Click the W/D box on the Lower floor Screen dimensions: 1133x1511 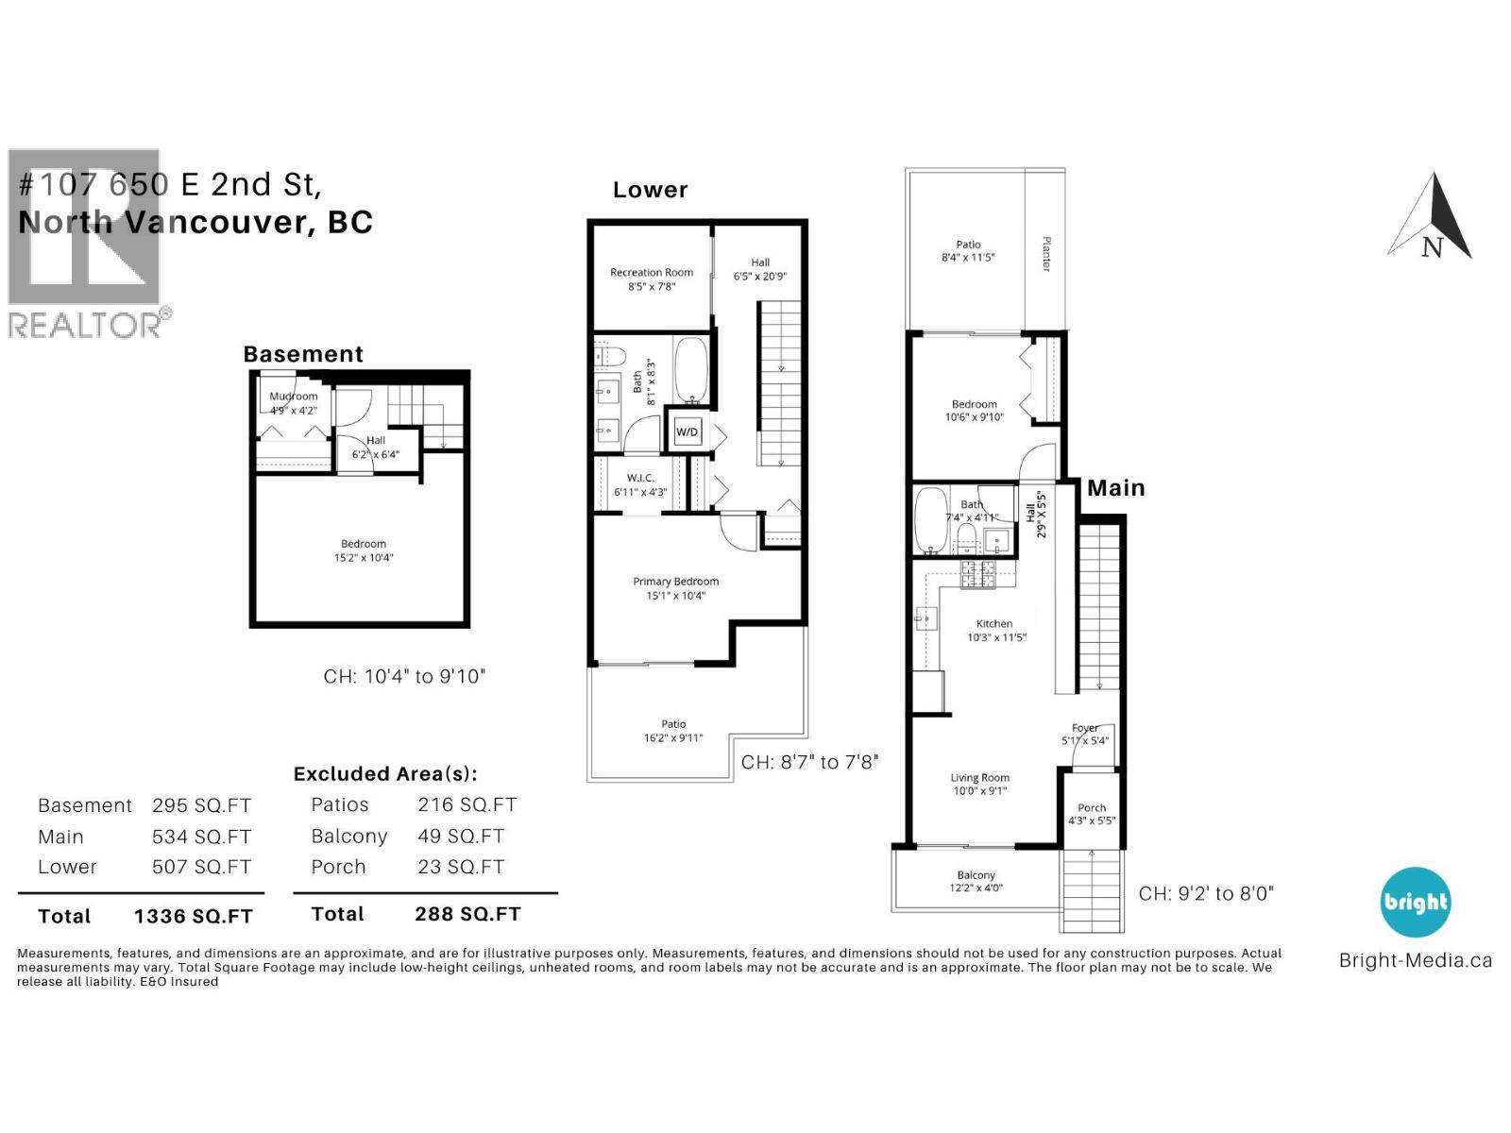pyautogui.click(x=687, y=431)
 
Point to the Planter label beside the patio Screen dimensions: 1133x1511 pyautogui.click(x=1045, y=254)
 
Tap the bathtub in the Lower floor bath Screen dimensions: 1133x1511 pyautogui.click(x=689, y=371)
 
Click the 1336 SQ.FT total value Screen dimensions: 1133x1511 pyautogui.click(x=193, y=916)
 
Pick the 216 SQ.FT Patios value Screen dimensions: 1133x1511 pyautogui.click(x=467, y=804)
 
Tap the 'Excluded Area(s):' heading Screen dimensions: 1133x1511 pyautogui.click(x=385, y=774)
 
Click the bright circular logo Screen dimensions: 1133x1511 pyautogui.click(x=1415, y=902)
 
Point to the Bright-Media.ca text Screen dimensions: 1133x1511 pyautogui.click(x=1415, y=960)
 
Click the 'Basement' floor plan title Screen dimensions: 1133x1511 pyautogui.click(x=303, y=354)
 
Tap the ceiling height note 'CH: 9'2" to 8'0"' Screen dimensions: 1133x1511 pyautogui.click(x=1205, y=893)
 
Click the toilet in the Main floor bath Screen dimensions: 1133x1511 pyautogui.click(x=965, y=539)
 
